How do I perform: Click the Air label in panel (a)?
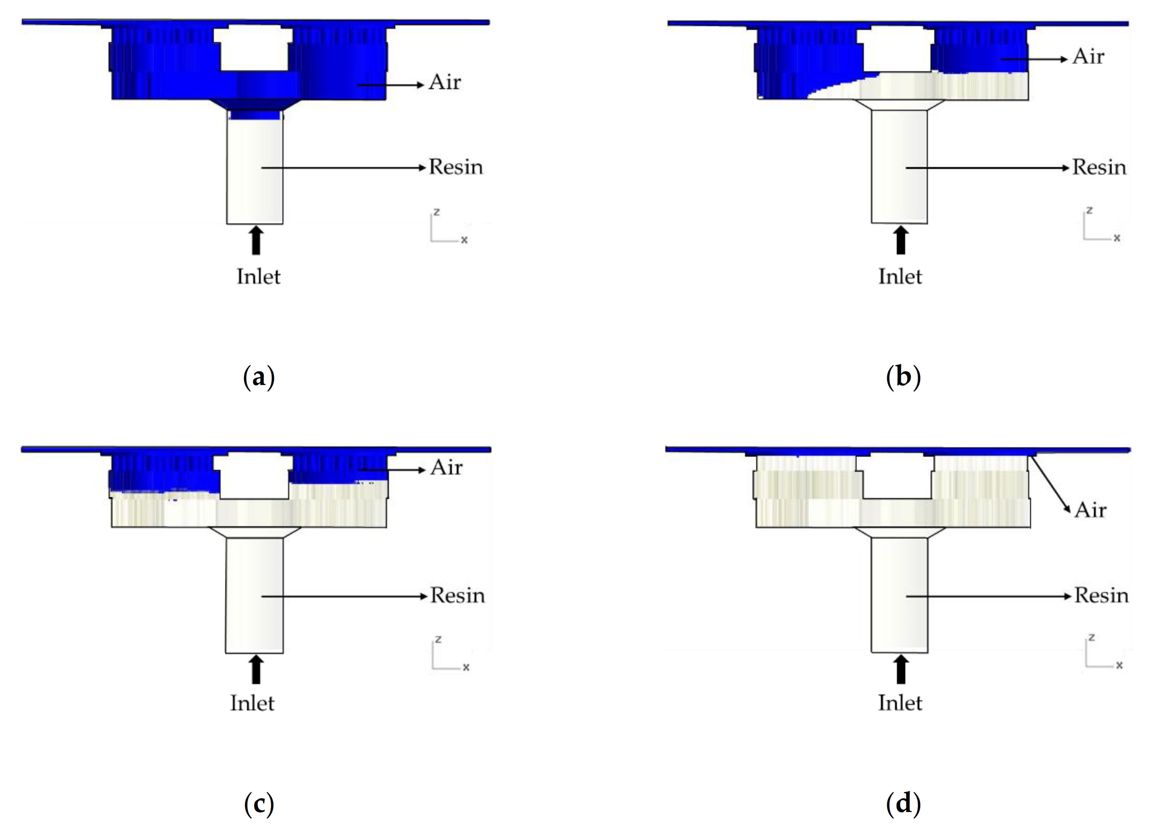444,82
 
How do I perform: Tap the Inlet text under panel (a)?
258,277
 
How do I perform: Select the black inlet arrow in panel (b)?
901,240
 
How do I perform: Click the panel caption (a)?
259,377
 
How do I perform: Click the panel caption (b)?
903,377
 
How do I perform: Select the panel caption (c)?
259,804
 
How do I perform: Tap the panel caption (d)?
903,804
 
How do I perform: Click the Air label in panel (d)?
1090,509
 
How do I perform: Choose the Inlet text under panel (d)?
900,703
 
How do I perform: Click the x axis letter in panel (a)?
464,239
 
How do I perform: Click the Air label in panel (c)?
446,467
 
